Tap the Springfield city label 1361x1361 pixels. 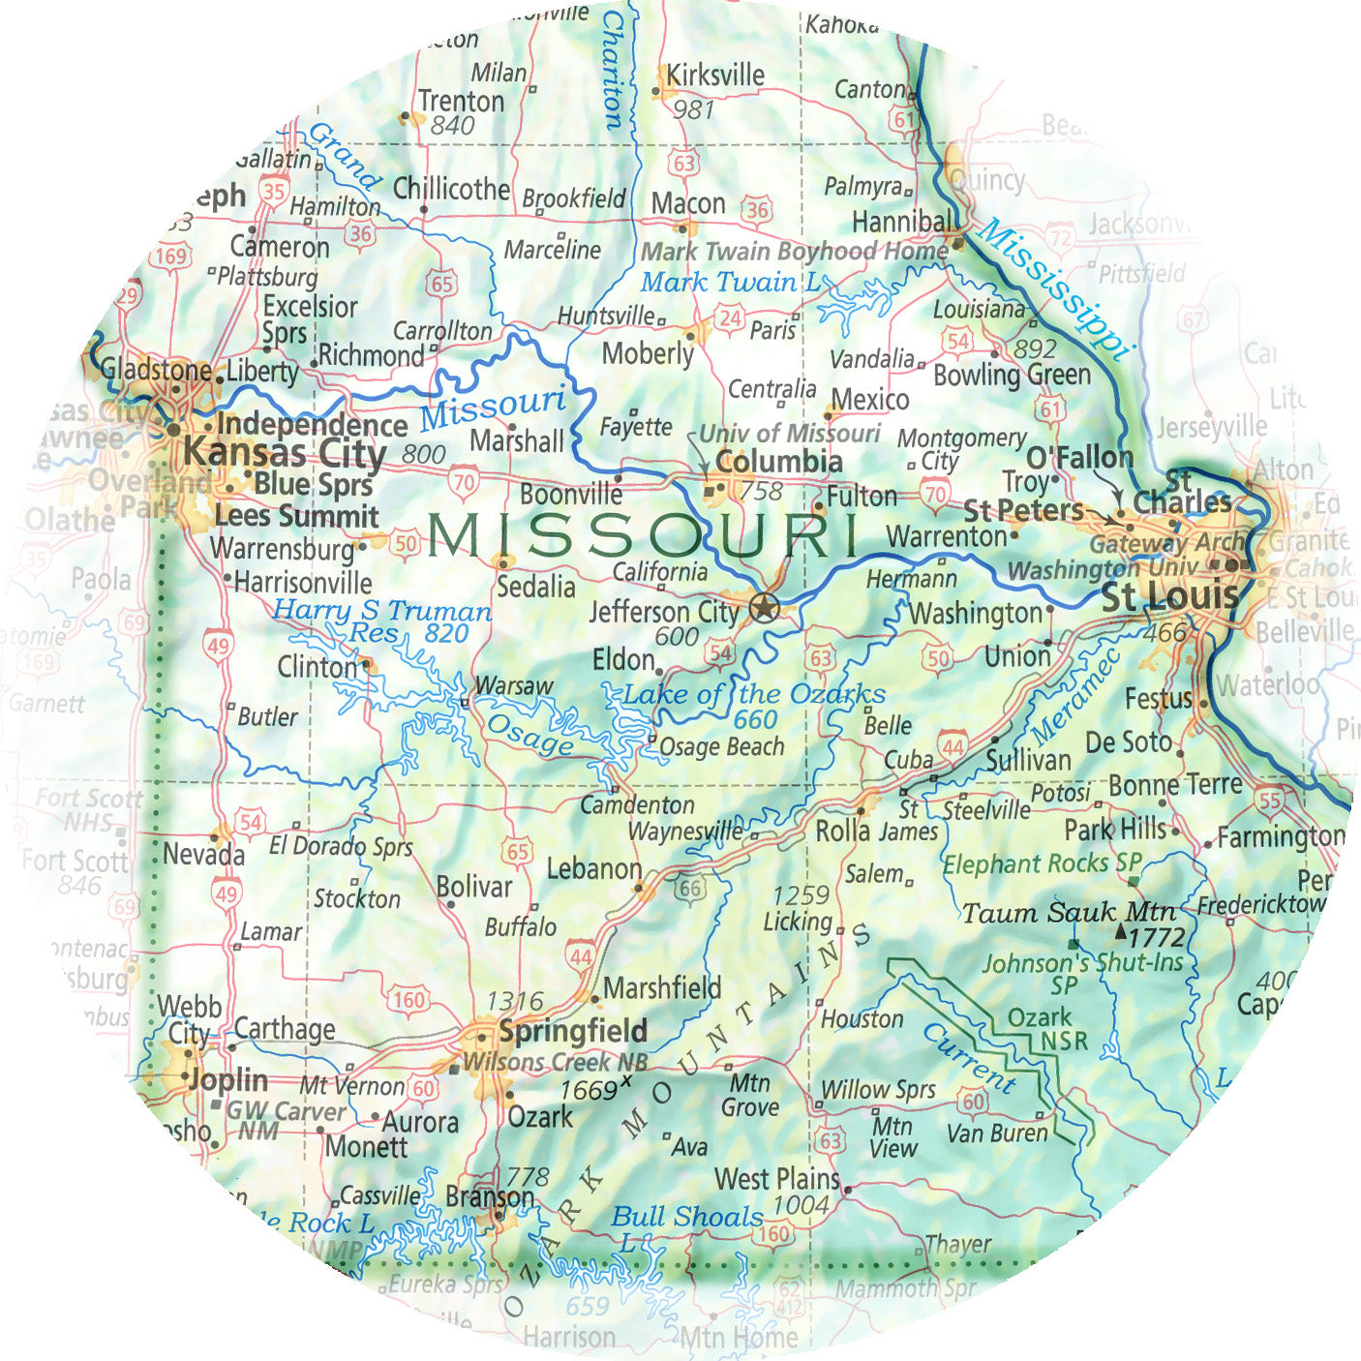(x=573, y=1031)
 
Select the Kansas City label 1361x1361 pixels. (x=285, y=453)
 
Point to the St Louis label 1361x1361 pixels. (x=1169, y=597)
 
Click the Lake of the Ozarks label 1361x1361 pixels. (x=753, y=694)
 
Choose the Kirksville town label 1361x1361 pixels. (x=714, y=75)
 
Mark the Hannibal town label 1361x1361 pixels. (x=900, y=222)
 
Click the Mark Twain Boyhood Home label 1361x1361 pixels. (x=794, y=252)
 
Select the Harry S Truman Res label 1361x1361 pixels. (x=381, y=620)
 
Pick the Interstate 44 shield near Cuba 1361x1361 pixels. (x=953, y=745)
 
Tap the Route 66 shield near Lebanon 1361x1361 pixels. (x=689, y=889)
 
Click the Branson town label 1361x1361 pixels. (x=489, y=1197)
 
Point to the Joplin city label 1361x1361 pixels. (x=229, y=1079)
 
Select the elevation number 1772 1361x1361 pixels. (x=1157, y=936)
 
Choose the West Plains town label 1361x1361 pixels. (x=776, y=1179)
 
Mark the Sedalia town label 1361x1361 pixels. (x=535, y=587)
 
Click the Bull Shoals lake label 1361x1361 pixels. (x=686, y=1218)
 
